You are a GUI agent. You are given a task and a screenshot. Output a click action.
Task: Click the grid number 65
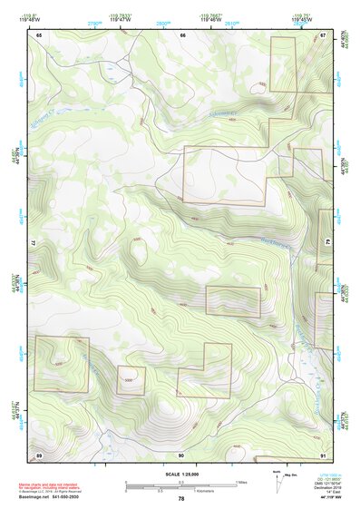click(40, 34)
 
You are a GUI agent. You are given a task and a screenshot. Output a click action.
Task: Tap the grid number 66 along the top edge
click(182, 34)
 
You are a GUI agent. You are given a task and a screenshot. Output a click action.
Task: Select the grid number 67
click(323, 34)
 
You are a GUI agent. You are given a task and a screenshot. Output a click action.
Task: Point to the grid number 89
click(40, 455)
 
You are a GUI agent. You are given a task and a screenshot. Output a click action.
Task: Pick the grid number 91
click(323, 455)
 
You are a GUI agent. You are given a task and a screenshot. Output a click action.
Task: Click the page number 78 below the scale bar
click(181, 499)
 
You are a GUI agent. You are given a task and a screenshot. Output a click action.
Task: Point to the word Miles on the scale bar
click(240, 482)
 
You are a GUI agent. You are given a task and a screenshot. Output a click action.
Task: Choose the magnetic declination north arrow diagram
click(277, 483)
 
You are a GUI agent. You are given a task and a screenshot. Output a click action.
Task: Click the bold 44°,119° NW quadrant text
click(316, 498)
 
